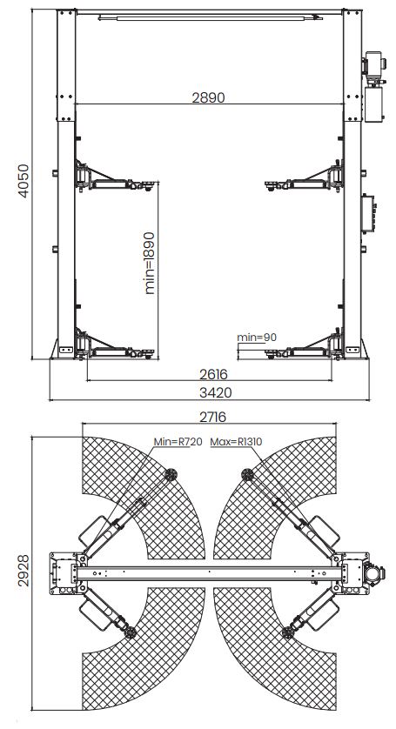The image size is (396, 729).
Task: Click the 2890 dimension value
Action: click(x=209, y=97)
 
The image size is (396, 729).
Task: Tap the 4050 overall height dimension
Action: click(x=23, y=181)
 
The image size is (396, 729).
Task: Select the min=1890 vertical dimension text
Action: click(x=150, y=263)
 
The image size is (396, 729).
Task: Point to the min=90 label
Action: click(x=257, y=337)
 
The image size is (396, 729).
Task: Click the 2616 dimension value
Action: click(x=213, y=374)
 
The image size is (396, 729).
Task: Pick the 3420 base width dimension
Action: click(x=216, y=393)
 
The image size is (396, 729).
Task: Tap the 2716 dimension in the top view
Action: click(x=212, y=417)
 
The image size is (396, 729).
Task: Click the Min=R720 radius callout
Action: click(x=178, y=442)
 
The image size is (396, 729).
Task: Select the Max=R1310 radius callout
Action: click(x=236, y=442)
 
